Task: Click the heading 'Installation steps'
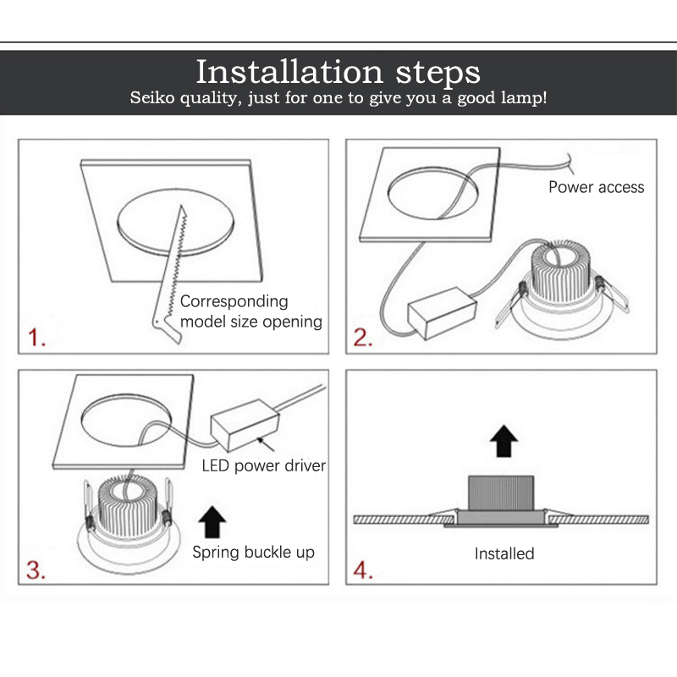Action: (x=338, y=72)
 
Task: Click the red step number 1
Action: (x=36, y=337)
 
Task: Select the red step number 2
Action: (x=362, y=337)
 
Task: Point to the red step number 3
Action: (x=36, y=570)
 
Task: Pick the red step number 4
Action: (x=363, y=570)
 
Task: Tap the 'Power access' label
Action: (x=597, y=187)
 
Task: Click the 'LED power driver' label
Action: (x=264, y=465)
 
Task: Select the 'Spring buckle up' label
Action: (x=253, y=553)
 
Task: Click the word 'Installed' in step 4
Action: (x=504, y=553)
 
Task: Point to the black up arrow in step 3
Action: (x=212, y=521)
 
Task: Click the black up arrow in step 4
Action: (x=504, y=441)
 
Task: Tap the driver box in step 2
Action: (x=442, y=312)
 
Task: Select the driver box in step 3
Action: (x=245, y=425)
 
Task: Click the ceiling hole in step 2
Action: (x=432, y=193)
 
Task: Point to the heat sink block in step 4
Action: (x=501, y=493)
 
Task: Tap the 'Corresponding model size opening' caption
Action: (x=250, y=311)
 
